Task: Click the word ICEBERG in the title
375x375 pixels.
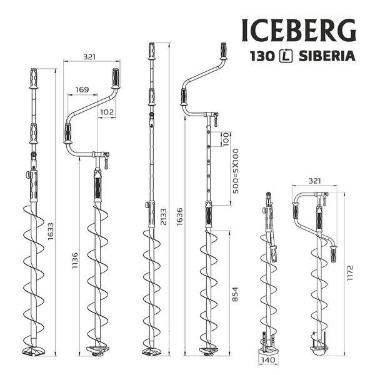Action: (x=299, y=28)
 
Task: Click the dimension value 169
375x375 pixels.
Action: (x=81, y=90)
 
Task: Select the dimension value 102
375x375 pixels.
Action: (x=107, y=113)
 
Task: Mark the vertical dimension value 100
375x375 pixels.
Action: (x=226, y=139)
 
